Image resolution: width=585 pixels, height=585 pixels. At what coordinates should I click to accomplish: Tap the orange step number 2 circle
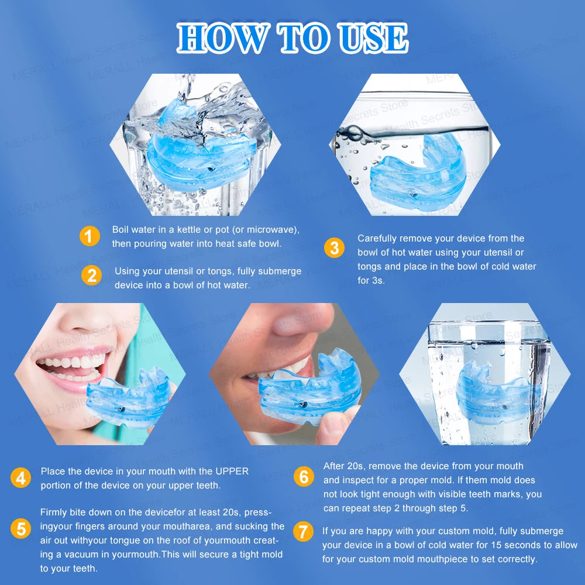91,275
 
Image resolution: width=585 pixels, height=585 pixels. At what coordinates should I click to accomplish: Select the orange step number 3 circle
334,247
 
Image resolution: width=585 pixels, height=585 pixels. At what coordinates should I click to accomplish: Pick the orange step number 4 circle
20,478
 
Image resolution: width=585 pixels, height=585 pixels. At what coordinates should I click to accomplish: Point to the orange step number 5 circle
20,529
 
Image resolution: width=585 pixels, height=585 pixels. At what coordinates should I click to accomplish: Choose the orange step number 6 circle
303,477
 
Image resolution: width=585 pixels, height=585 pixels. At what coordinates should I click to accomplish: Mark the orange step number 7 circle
302,531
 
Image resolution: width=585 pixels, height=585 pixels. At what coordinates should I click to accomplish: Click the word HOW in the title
222,39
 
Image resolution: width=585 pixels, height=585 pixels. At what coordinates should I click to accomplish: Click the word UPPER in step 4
232,471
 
